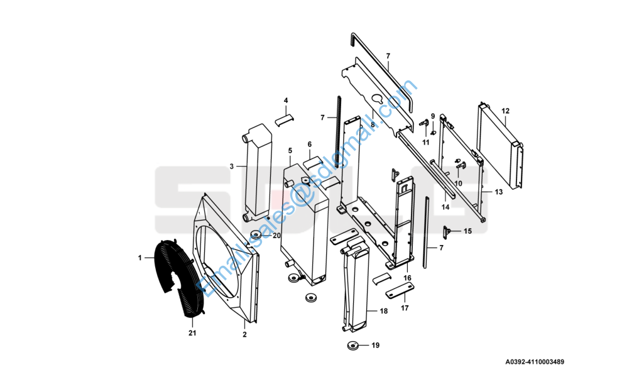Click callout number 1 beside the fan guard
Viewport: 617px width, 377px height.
(x=140, y=258)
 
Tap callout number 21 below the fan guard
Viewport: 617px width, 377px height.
(x=192, y=332)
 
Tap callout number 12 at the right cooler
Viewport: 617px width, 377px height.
(x=505, y=111)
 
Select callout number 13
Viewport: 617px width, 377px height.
(x=498, y=192)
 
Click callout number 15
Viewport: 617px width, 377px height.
(x=467, y=231)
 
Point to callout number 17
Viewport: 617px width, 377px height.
(x=405, y=308)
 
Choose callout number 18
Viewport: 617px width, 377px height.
(x=384, y=311)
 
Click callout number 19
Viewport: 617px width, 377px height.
(x=376, y=345)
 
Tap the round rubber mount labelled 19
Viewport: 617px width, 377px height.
(x=353, y=345)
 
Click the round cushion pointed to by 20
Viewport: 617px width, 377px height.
(x=256, y=236)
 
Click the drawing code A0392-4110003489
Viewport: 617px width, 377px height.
(x=535, y=362)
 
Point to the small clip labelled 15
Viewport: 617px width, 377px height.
(x=448, y=232)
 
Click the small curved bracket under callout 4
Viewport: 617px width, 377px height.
(x=286, y=119)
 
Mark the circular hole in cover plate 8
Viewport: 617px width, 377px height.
(x=377, y=99)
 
